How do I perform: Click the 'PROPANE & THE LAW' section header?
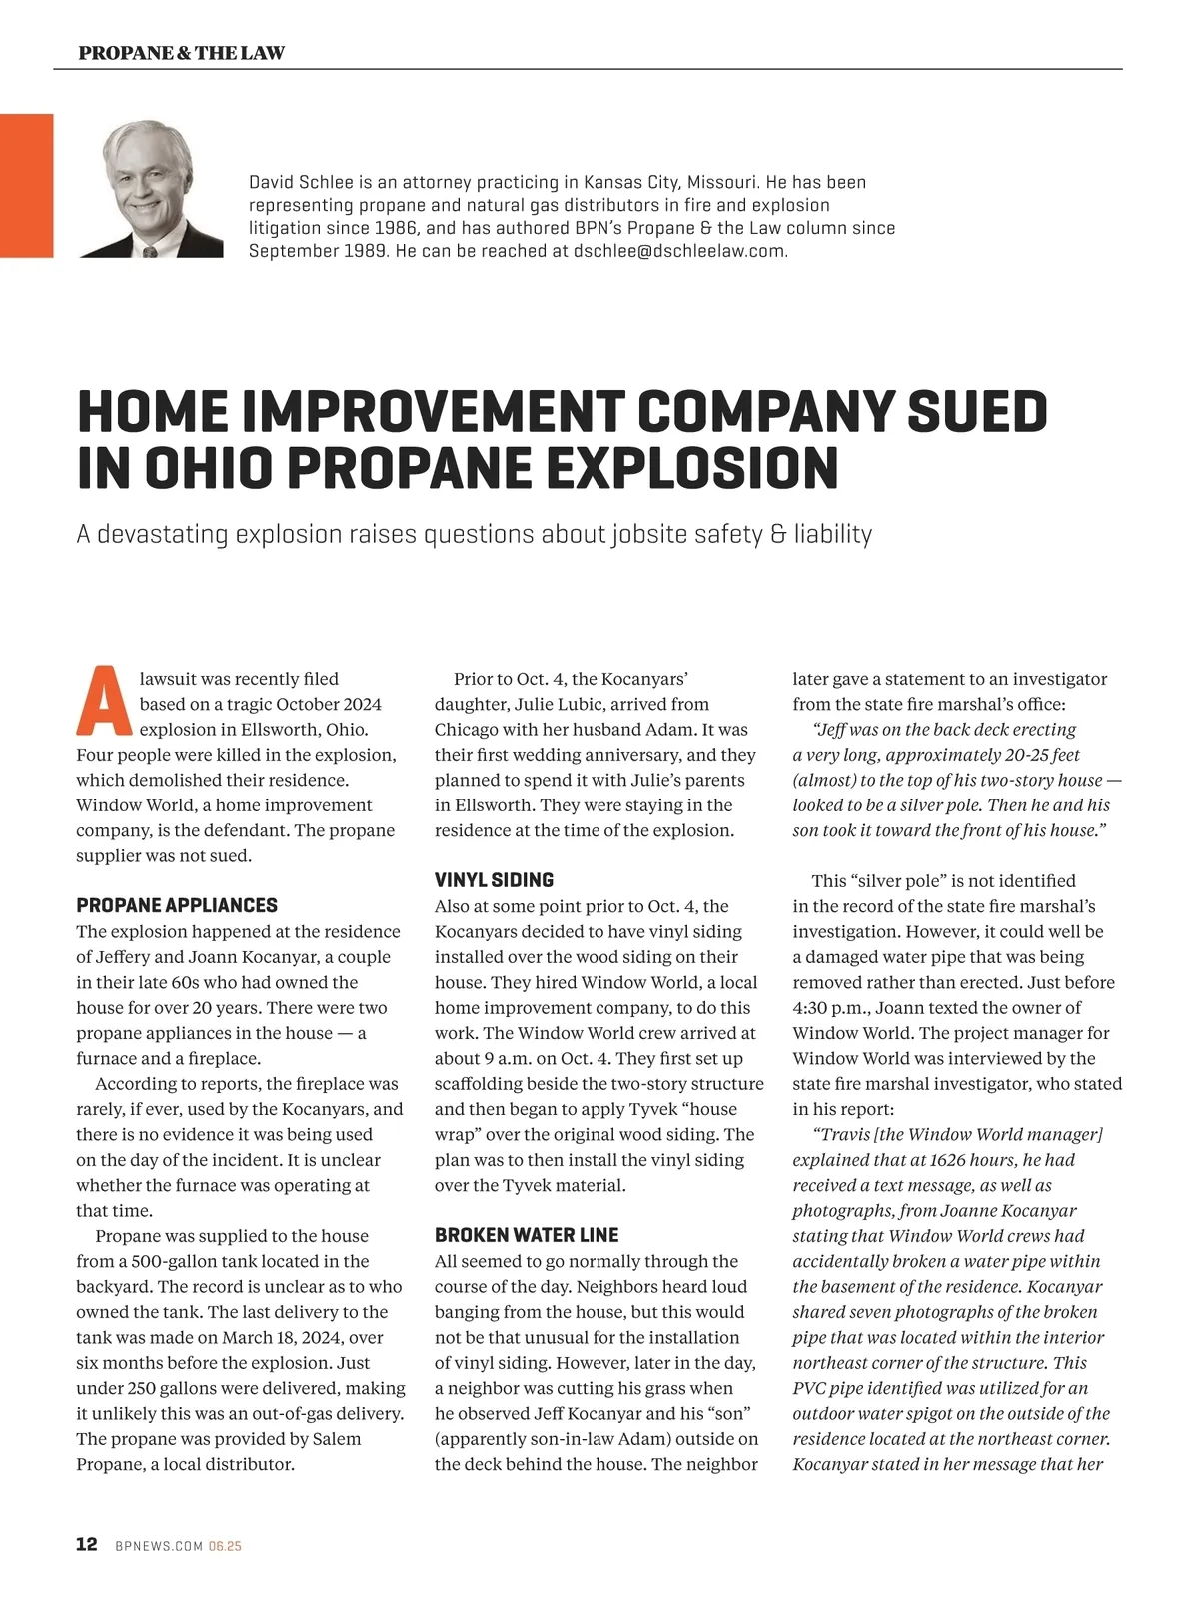point(181,53)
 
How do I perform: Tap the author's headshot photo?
point(151,189)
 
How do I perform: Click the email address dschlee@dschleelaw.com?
point(678,251)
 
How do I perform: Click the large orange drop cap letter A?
point(104,701)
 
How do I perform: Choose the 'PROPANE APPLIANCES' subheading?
point(177,905)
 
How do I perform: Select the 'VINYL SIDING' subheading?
point(494,880)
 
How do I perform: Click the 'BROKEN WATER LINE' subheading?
point(527,1235)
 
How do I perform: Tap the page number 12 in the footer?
point(87,1544)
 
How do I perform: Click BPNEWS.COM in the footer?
point(159,1546)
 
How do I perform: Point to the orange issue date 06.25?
point(226,1546)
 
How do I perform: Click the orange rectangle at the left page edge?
point(26,186)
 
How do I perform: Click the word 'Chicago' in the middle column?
point(467,730)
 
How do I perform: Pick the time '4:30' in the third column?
point(811,1008)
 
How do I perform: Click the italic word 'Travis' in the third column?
point(848,1134)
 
